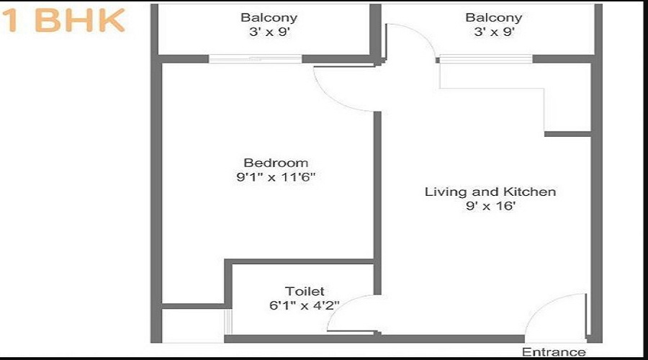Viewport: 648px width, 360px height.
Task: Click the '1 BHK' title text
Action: [x=63, y=21]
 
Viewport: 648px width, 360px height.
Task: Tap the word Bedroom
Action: [x=276, y=163]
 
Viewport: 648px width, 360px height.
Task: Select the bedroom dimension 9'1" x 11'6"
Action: [x=276, y=177]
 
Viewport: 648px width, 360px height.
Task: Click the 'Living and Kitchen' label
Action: [x=490, y=192]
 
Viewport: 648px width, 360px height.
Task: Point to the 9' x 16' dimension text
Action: [x=490, y=206]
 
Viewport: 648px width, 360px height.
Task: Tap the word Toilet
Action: [x=305, y=291]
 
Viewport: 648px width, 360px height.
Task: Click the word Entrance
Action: [x=554, y=352]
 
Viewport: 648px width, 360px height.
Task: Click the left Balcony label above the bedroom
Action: [x=269, y=17]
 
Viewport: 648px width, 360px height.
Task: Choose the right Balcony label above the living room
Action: [x=493, y=17]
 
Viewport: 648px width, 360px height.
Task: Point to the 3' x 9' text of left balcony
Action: [x=269, y=32]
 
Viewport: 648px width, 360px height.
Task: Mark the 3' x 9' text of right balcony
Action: [x=493, y=32]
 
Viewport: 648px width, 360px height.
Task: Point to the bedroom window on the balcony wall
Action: [x=255, y=59]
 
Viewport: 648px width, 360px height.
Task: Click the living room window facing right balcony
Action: [x=485, y=59]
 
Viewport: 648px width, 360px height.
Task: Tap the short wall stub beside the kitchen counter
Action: [x=567, y=134]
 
